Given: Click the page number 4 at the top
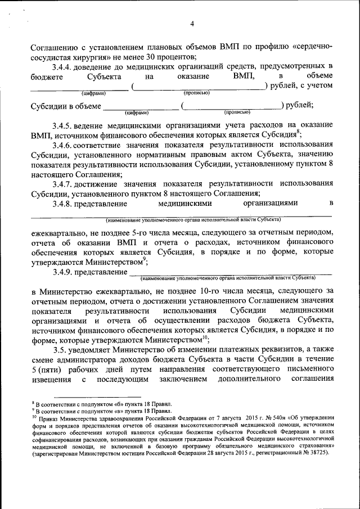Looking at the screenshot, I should (192, 24).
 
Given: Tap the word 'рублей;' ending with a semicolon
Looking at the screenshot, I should (299, 105).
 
